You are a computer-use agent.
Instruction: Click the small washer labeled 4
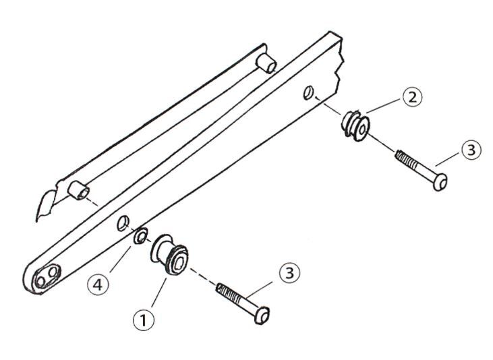pos(140,236)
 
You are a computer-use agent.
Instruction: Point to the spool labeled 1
pos(169,255)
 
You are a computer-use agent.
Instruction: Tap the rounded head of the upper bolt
pos(440,182)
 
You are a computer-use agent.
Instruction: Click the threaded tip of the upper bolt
pos(399,156)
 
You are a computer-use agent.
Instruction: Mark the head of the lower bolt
pos(264,315)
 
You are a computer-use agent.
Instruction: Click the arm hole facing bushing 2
pos(308,91)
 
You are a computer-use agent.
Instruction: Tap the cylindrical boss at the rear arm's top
pos(268,63)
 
